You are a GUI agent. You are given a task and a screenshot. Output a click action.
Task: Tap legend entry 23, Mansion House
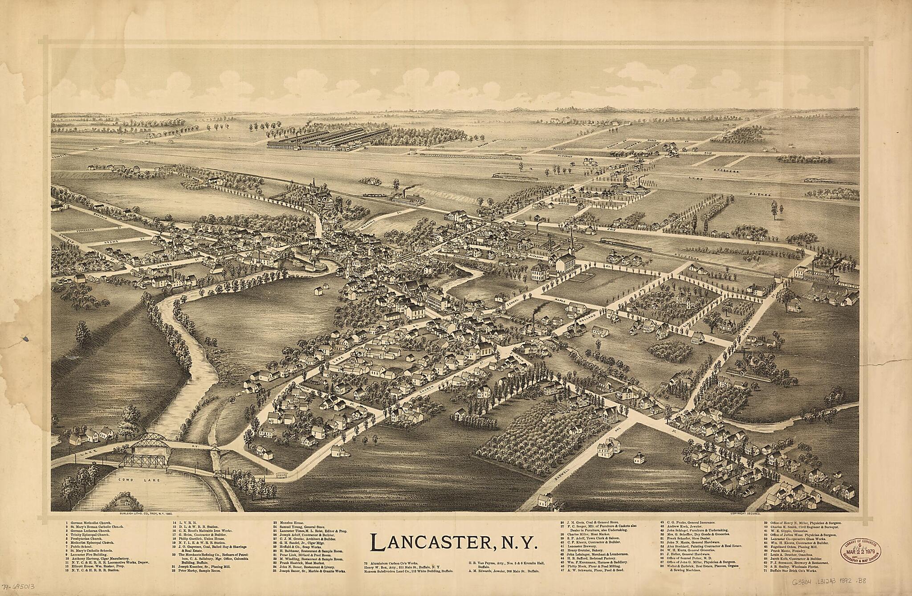pos(294,522)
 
